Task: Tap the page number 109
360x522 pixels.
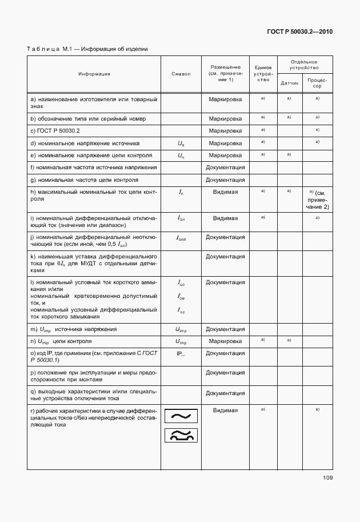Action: tap(327, 478)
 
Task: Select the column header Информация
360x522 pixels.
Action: tap(94, 74)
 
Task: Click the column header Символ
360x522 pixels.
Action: tap(181, 74)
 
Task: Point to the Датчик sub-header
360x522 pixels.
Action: tap(289, 83)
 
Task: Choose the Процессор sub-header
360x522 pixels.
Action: tap(317, 83)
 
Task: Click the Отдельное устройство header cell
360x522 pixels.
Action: tap(303, 65)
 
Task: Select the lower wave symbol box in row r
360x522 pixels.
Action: tap(181, 436)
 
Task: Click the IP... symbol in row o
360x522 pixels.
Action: tap(181, 353)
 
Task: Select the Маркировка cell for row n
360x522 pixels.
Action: tap(225, 341)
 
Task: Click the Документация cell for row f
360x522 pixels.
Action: tap(225, 168)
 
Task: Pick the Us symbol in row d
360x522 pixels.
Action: tap(181, 144)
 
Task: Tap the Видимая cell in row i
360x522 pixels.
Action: tap(225, 218)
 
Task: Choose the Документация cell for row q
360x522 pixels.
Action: tap(225, 393)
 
